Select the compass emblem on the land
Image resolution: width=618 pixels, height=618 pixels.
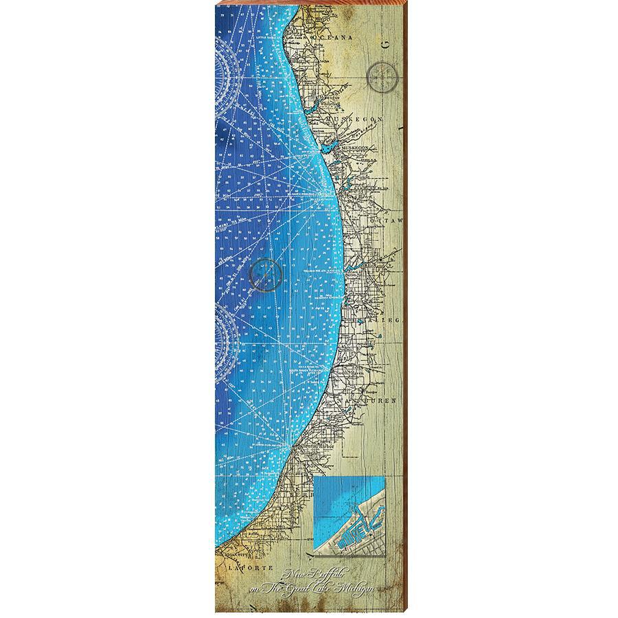(383, 76)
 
